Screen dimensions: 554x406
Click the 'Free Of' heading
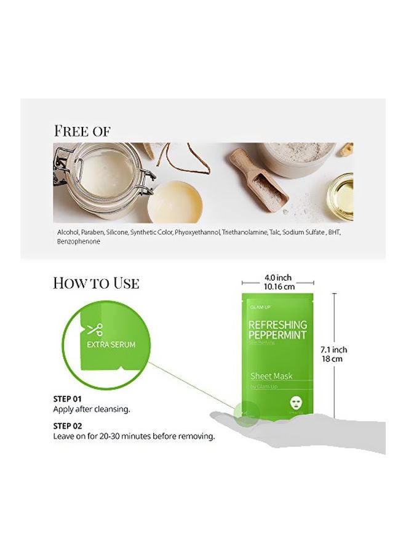pos(82,131)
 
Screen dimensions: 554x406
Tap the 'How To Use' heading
pos(96,283)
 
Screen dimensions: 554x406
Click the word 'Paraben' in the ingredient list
pos(92,233)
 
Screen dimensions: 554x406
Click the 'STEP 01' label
pos(68,399)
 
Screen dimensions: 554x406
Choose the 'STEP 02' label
pos(69,426)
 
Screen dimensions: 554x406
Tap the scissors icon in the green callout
pos(94,329)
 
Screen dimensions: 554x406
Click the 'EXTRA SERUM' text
pos(111,345)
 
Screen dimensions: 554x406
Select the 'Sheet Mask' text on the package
pos(271,376)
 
